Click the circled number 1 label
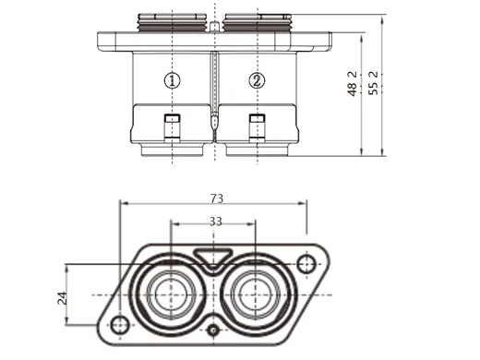tap(173, 80)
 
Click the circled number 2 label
tap(256, 80)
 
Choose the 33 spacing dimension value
tap(214, 222)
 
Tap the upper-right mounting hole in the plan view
tap(307, 266)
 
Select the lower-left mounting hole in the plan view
tap(120, 324)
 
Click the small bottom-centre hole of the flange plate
tap(213, 330)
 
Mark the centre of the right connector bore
tap(255, 294)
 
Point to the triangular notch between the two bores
tap(213, 259)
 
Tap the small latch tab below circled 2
tap(256, 125)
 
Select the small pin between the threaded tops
tap(214, 27)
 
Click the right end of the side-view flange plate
tap(325, 41)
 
